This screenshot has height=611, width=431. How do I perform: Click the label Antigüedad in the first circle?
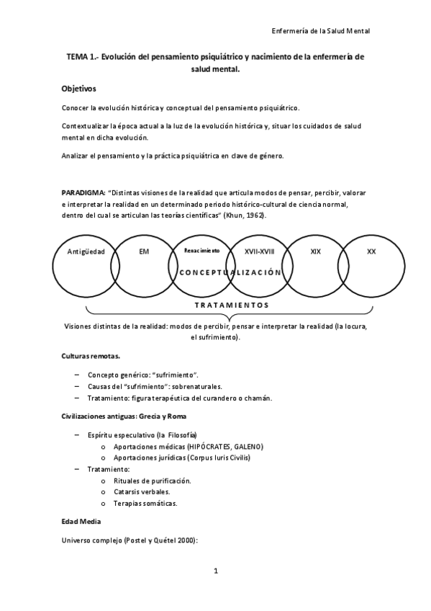pyautogui.click(x=86, y=251)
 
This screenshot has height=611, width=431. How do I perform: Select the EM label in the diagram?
pyautogui.click(x=144, y=251)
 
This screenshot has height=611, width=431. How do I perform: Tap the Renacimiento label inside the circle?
pyautogui.click(x=201, y=251)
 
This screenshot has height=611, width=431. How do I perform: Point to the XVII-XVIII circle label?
pyautogui.click(x=260, y=251)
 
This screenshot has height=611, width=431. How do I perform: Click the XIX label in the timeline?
pyautogui.click(x=315, y=251)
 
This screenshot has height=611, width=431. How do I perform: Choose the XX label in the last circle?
pyautogui.click(x=371, y=251)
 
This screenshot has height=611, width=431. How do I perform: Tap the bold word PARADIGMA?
pyautogui.click(x=83, y=194)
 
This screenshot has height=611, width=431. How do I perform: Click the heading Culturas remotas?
pyautogui.click(x=90, y=357)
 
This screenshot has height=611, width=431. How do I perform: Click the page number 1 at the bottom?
pyautogui.click(x=215, y=571)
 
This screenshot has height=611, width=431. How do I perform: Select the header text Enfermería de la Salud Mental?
pyautogui.click(x=321, y=32)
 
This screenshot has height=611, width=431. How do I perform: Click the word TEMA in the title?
pyautogui.click(x=78, y=56)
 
